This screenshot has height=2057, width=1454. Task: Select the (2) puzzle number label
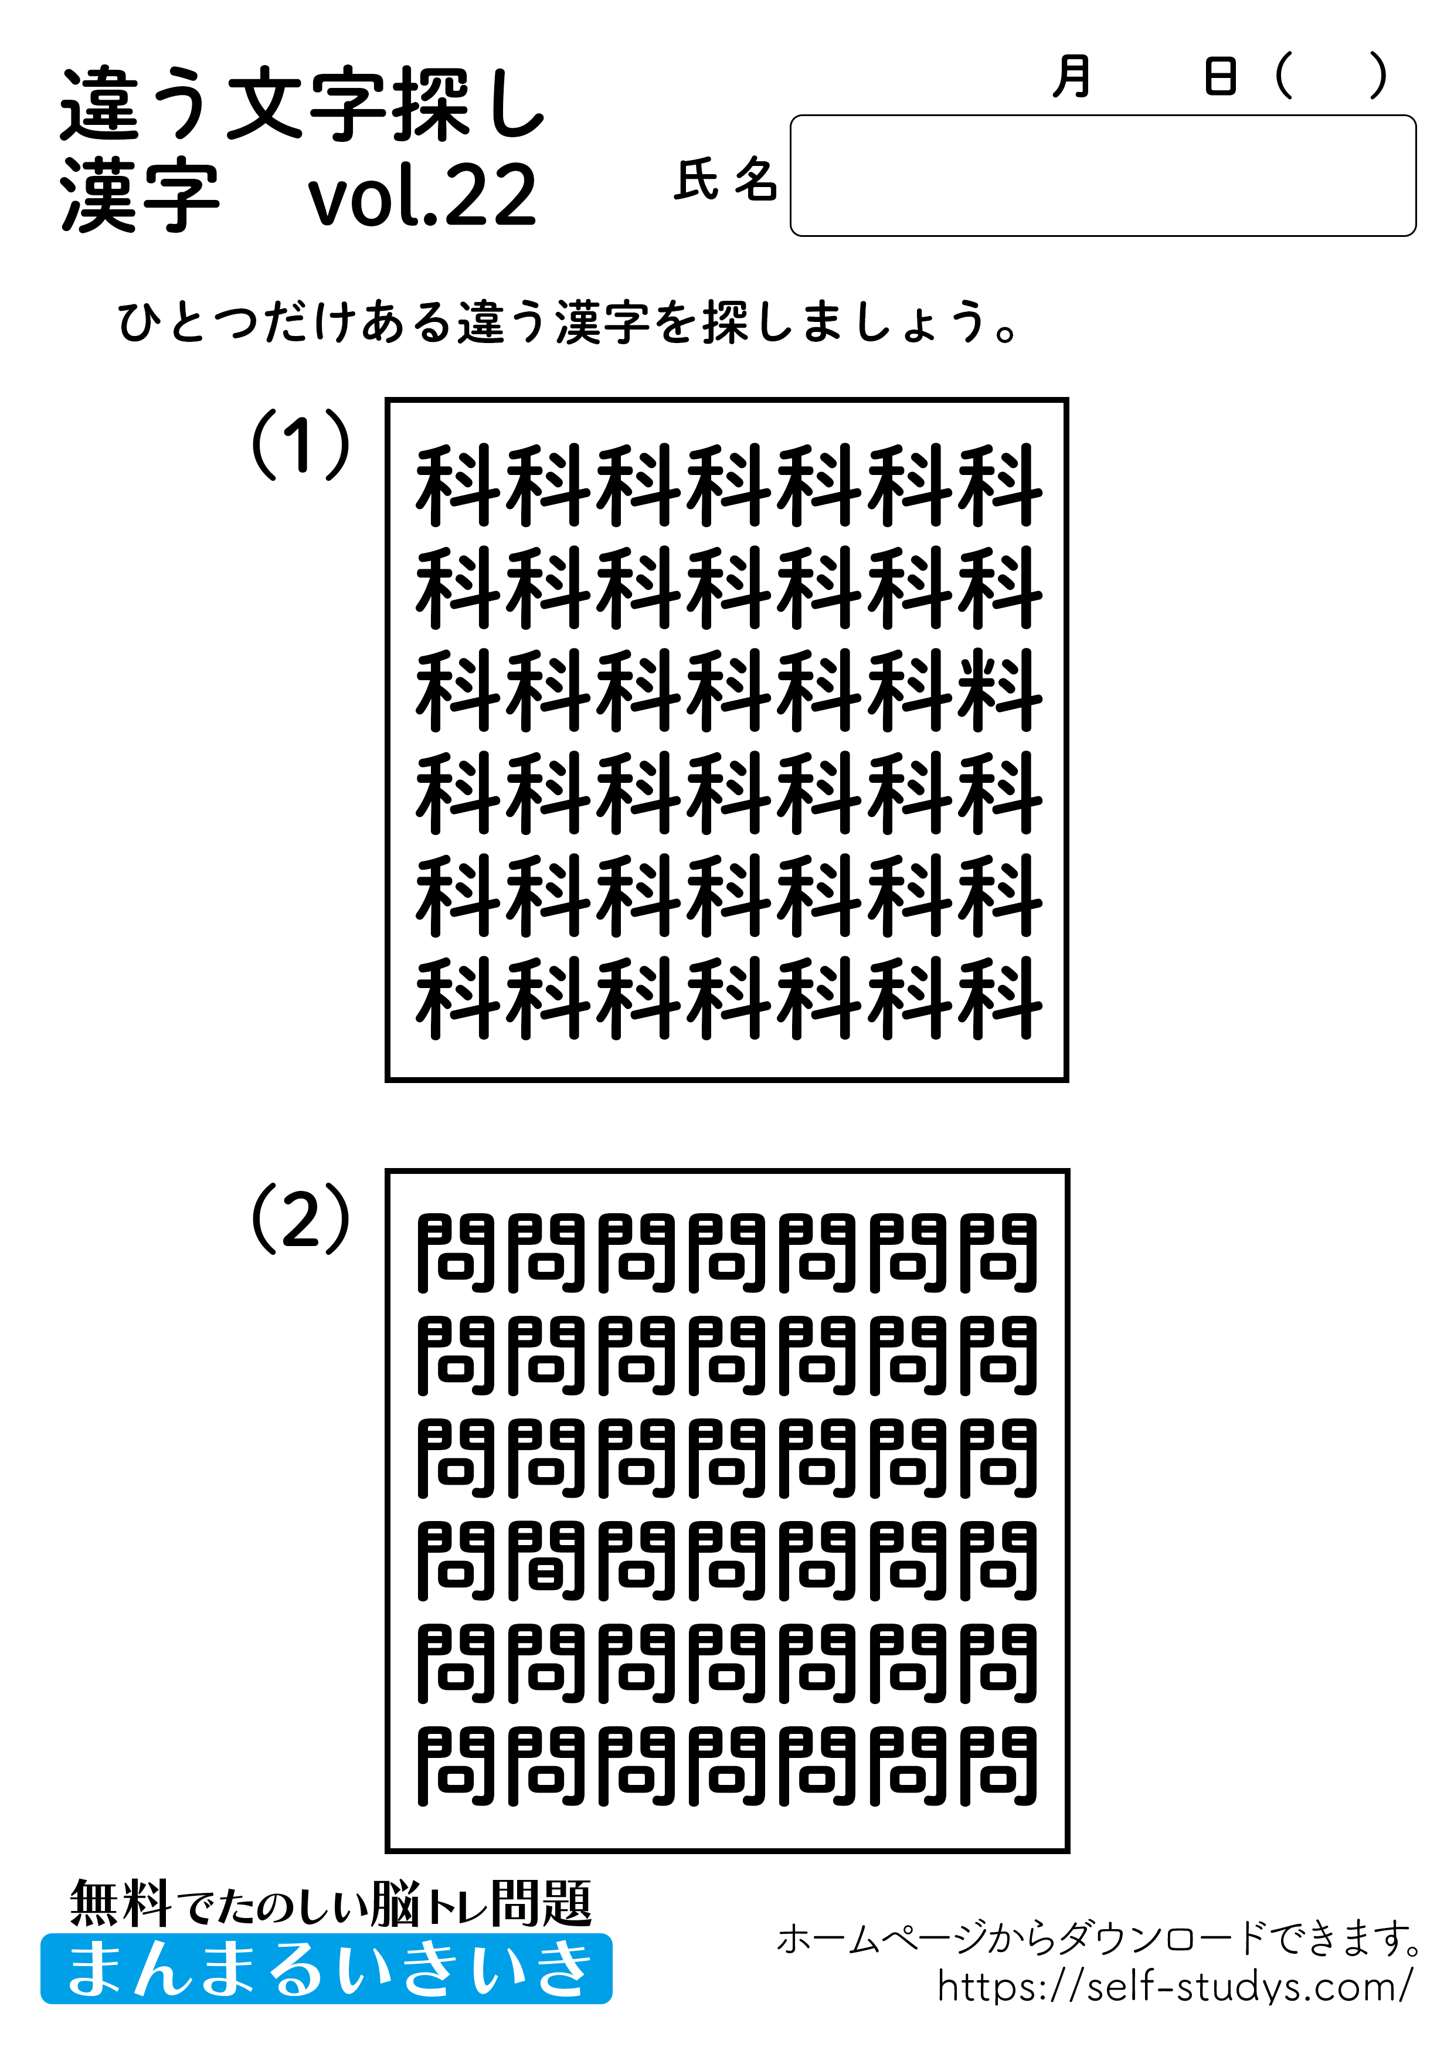(300, 1218)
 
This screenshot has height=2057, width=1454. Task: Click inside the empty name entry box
(1102, 175)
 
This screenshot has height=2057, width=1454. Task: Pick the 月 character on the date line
(1072, 77)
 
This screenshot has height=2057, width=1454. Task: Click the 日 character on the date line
(1220, 77)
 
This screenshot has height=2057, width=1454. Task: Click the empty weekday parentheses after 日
(1330, 77)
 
